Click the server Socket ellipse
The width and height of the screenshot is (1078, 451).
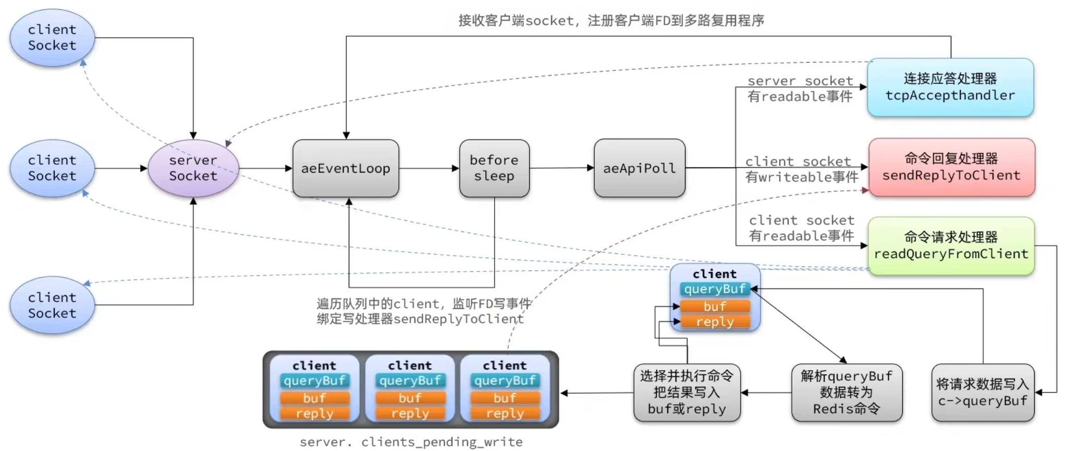point(193,168)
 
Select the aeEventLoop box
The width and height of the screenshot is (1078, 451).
point(346,168)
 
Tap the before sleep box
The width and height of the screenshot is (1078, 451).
point(494,168)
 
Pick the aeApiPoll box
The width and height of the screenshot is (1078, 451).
point(639,168)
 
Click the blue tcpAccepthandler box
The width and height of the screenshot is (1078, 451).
point(950,88)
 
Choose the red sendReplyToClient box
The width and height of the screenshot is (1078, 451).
point(951,167)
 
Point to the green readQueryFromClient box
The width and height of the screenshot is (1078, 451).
point(951,246)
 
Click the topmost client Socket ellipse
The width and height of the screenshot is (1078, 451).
point(52,38)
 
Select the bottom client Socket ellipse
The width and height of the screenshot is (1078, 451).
point(52,306)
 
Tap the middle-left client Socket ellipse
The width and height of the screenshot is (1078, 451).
point(52,168)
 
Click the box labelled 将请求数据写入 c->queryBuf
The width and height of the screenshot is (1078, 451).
point(983,393)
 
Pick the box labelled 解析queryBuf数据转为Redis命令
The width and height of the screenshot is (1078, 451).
point(847,393)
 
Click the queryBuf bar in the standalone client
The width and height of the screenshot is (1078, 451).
point(715,289)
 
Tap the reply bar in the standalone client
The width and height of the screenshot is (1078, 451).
point(715,322)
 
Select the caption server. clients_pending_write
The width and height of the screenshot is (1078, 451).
point(411,442)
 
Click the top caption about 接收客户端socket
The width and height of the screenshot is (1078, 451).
point(611,21)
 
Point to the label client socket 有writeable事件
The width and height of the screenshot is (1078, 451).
point(801,169)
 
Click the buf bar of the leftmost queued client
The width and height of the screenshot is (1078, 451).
point(314,398)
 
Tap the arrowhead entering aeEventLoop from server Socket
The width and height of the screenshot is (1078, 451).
point(289,168)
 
